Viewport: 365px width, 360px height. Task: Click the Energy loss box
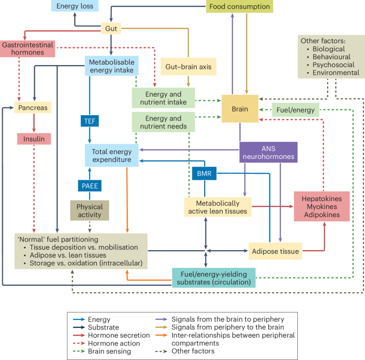pyautogui.click(x=75, y=6)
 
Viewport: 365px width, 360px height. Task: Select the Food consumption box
pyautogui.click(x=240, y=6)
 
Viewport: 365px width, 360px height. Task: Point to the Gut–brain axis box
pyautogui.click(x=189, y=67)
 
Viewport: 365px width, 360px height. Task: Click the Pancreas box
pyautogui.click(x=33, y=107)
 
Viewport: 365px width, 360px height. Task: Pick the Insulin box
pyautogui.click(x=34, y=139)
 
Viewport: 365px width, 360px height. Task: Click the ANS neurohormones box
pyautogui.click(x=267, y=151)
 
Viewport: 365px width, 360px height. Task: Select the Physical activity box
pyautogui.click(x=90, y=210)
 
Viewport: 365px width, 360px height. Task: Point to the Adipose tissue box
pyautogui.click(x=275, y=250)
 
